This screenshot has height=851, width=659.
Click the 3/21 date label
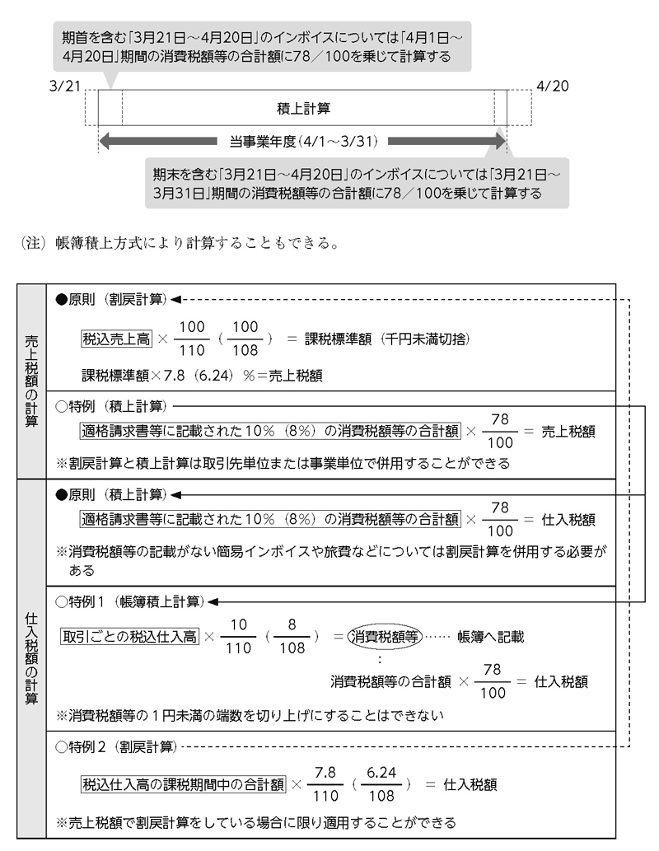(64, 86)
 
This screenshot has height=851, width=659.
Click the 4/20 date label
(553, 86)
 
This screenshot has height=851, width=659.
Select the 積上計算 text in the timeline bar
(303, 109)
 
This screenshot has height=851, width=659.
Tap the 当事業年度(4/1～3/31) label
(303, 142)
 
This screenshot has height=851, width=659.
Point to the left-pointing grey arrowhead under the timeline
(106, 142)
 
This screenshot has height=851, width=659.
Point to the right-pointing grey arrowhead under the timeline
(498, 142)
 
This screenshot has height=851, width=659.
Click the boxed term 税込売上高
(116, 339)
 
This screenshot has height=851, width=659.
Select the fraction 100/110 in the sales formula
(192, 339)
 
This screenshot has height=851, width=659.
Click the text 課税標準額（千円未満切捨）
(387, 339)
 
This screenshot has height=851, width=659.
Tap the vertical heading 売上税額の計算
(31, 381)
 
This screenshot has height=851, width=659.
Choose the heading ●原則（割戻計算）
(110, 299)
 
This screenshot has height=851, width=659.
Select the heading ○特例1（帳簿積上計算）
(129, 601)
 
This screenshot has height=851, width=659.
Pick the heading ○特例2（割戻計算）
(116, 747)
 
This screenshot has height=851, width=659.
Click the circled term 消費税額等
(385, 636)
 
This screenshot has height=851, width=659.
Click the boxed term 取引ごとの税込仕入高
(129, 636)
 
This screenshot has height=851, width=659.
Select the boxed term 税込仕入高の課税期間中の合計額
(183, 784)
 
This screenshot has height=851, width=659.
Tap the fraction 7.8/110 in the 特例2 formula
(325, 784)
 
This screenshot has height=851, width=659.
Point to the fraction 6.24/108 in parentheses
(381, 784)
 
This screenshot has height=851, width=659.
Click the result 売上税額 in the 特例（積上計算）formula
(568, 432)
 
